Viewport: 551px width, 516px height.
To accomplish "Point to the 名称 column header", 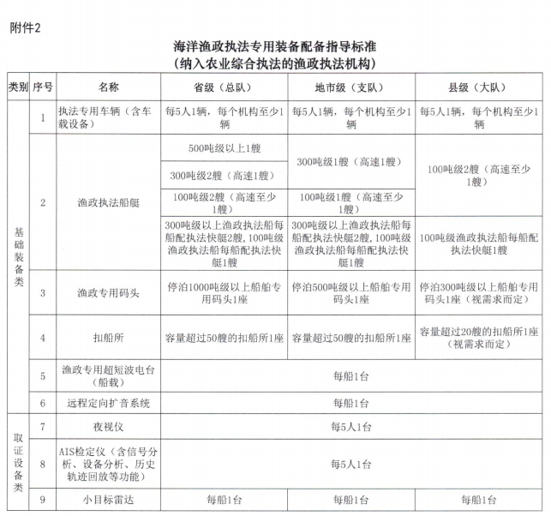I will tap(109, 87).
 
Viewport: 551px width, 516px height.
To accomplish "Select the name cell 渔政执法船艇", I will tap(109, 203).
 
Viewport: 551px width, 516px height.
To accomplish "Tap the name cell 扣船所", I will tap(109, 337).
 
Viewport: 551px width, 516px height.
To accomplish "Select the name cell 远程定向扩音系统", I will tap(109, 402).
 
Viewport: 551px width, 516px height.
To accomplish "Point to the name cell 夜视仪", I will tap(109, 426).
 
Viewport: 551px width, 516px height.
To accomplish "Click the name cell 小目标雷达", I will tap(109, 499).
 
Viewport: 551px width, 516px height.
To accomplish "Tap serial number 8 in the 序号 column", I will tap(43, 463).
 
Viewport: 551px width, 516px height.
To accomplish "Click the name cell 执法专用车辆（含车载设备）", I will tap(109, 117).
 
